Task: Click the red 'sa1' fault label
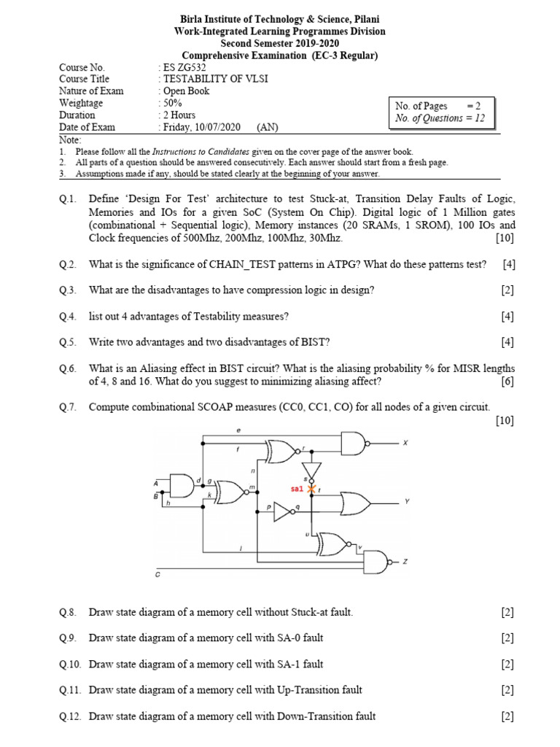click(297, 489)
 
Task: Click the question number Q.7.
click(68, 406)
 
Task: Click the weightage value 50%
click(172, 103)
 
